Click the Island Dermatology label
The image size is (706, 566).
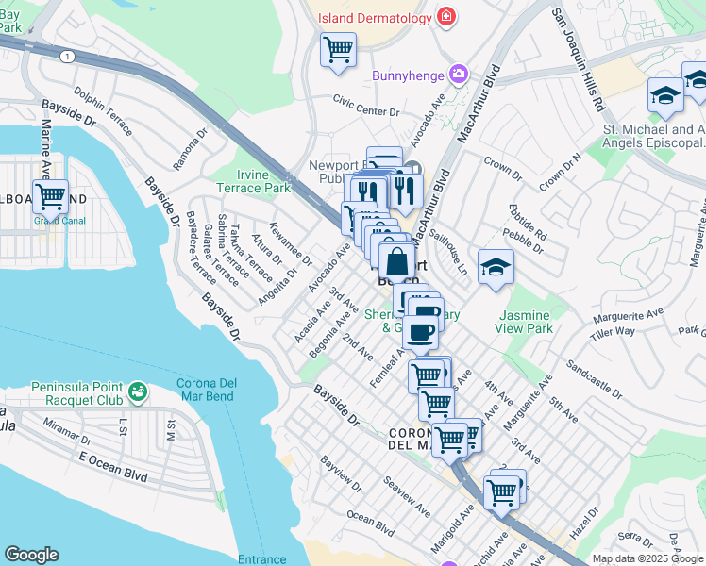tap(374, 18)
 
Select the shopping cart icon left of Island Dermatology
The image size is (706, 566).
tap(338, 49)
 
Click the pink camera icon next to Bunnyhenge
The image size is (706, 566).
tap(459, 74)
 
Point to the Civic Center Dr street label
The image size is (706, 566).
tap(367, 110)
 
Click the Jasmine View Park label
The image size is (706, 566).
tap(524, 322)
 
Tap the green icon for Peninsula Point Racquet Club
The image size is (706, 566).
tap(138, 390)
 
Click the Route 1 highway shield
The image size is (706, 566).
tap(66, 57)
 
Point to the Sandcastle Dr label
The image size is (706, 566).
tap(600, 378)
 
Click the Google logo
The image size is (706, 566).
tap(31, 555)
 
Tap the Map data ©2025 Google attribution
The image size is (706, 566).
tap(647, 558)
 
